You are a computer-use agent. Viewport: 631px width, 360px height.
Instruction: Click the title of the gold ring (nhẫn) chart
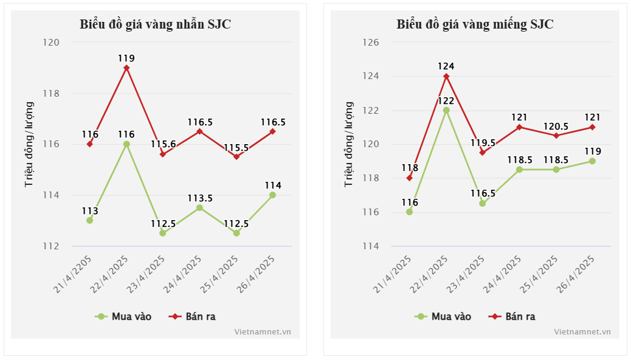tap(155, 24)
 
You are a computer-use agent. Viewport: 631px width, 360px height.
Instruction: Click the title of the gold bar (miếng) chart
tap(475, 24)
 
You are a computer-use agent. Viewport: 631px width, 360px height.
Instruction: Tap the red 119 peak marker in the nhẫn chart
tap(126, 68)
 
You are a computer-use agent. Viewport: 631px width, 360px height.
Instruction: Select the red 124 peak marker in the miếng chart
tap(446, 77)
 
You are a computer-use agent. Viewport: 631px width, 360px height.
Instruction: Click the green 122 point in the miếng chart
tap(446, 111)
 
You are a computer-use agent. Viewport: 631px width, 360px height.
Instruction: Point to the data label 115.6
tap(164, 144)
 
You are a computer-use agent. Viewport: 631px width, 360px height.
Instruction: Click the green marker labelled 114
tap(272, 195)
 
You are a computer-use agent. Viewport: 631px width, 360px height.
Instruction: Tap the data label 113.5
tap(199, 198)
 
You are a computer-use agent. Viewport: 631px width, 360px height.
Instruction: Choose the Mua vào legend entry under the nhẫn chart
tap(124, 316)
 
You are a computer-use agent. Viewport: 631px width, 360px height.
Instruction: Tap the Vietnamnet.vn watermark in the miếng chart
tap(582, 331)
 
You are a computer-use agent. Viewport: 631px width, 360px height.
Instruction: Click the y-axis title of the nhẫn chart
tap(29, 144)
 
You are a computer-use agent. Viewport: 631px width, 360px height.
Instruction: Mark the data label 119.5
tap(483, 143)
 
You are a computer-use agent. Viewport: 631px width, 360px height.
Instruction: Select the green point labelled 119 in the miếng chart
tap(592, 161)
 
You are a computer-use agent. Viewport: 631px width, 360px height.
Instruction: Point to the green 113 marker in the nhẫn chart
tap(90, 220)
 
